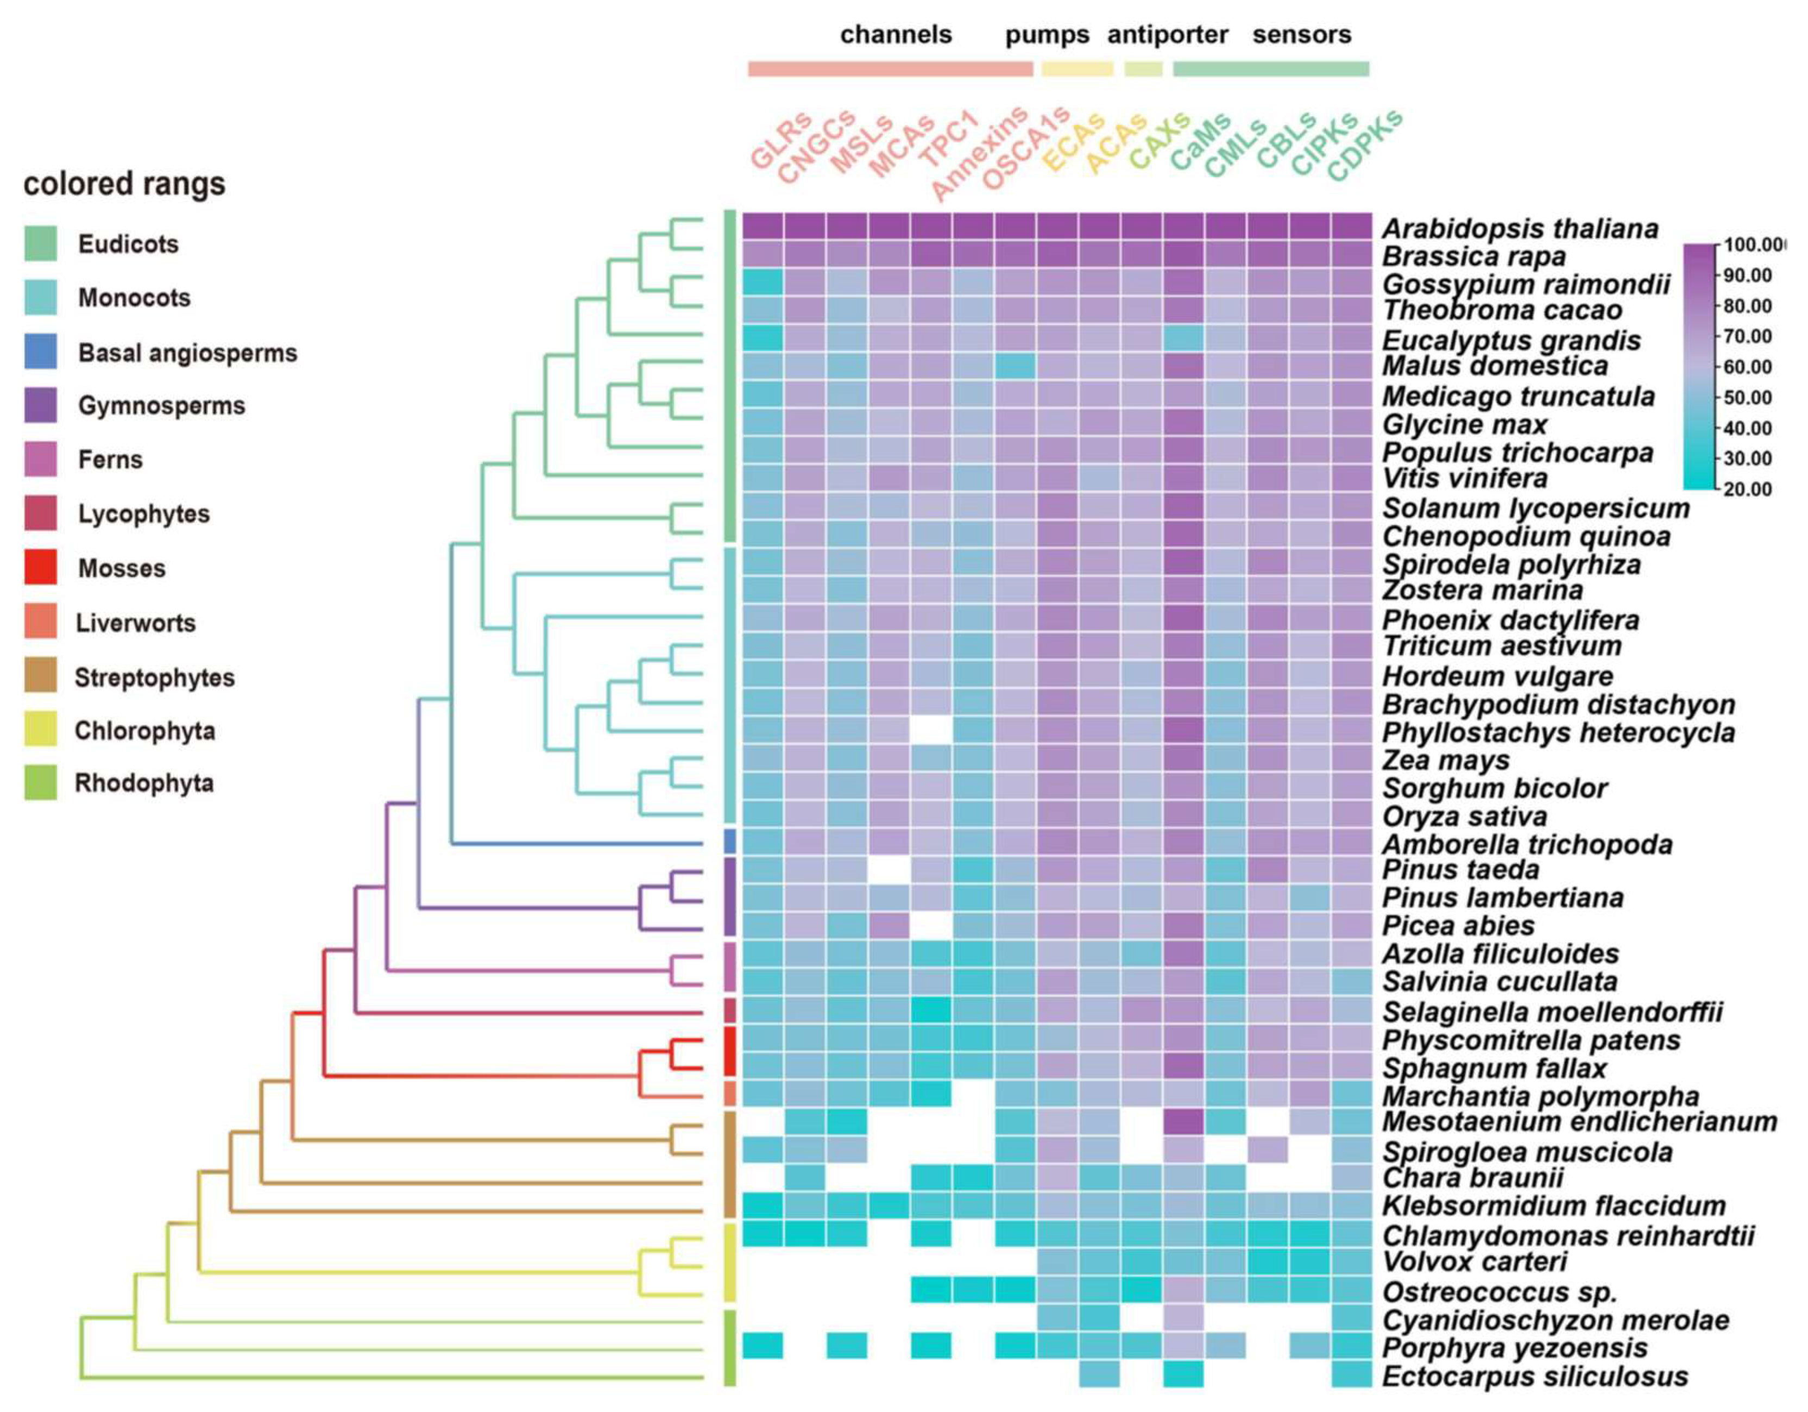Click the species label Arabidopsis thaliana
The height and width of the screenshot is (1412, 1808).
[x=1519, y=229]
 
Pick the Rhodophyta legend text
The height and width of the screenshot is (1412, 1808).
[x=144, y=783]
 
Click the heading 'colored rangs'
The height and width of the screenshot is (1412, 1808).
[x=124, y=184]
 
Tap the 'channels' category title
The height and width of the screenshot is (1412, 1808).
[x=896, y=35]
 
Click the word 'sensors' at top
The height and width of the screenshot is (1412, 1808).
[x=1301, y=35]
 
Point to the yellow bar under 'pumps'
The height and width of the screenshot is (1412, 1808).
[x=1077, y=69]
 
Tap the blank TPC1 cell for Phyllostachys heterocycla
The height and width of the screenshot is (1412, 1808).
[x=930, y=730]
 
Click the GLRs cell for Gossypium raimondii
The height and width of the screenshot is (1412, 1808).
[x=763, y=281]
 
